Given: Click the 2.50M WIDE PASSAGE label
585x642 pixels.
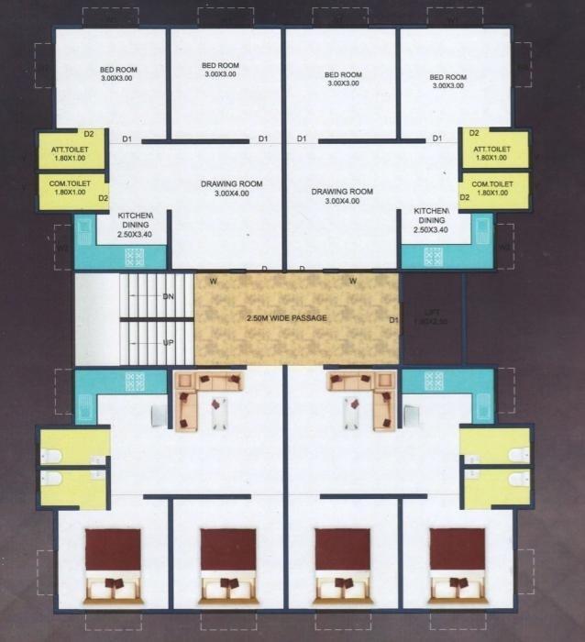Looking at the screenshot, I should pos(287,318).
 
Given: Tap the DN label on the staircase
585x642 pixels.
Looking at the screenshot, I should pos(168,296).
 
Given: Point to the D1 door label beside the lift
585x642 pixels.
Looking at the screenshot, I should pos(393,320).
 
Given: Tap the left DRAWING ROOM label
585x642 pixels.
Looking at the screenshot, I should pos(231,189).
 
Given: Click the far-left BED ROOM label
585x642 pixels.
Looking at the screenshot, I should pos(118,74).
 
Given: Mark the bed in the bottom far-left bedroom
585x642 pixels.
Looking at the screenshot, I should pos(113,566).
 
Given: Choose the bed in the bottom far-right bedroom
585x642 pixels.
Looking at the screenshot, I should pos(457,566).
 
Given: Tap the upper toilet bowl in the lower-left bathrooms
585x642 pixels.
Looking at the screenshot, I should pos(52,456).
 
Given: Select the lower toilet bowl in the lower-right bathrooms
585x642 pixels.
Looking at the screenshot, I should pos(519,478).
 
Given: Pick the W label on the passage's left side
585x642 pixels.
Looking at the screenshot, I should pos(213,282).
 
